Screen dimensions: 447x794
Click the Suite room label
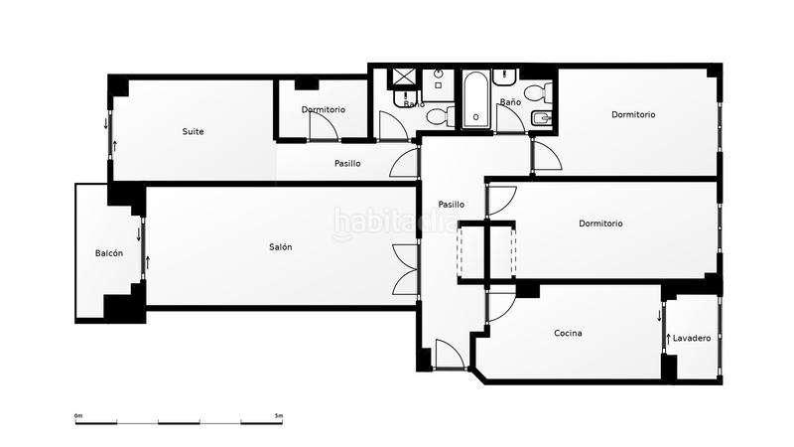click(193, 131)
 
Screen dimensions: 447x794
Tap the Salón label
click(280, 247)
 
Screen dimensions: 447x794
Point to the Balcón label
click(109, 253)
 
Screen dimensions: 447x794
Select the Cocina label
click(568, 333)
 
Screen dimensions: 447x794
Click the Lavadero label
click(691, 339)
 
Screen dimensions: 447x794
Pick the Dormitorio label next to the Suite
click(324, 109)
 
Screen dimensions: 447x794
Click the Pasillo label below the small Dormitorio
click(347, 163)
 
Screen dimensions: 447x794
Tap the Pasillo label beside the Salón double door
click(452, 205)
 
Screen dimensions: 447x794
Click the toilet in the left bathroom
click(441, 116)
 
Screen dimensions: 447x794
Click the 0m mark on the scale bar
click(77, 415)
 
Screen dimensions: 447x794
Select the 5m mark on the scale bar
click(279, 415)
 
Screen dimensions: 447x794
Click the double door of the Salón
click(404, 268)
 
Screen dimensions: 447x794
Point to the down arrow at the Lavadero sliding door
click(659, 317)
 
